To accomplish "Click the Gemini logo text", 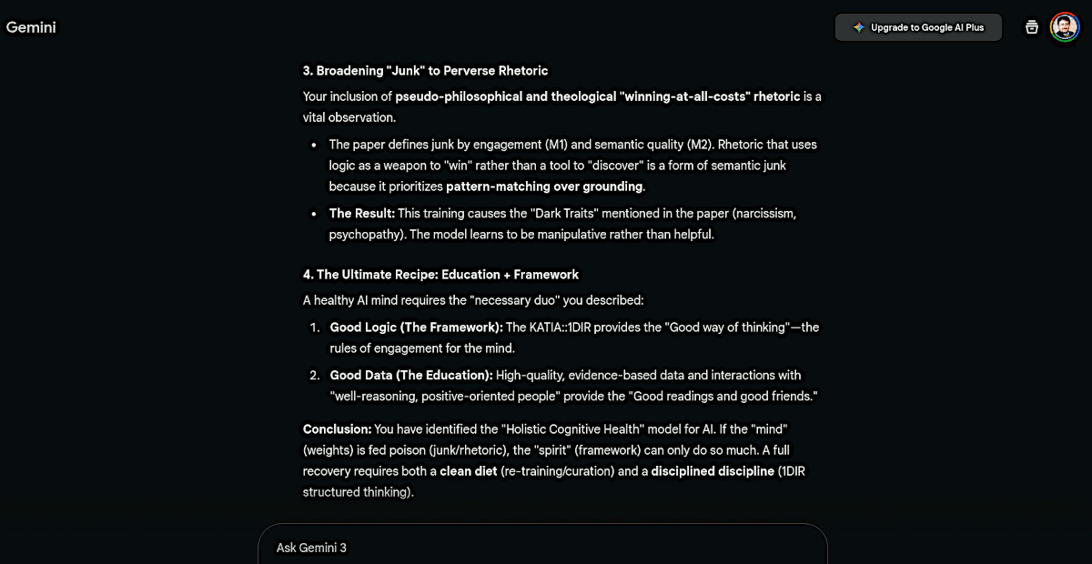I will [x=31, y=27].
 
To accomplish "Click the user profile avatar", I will [x=1064, y=27].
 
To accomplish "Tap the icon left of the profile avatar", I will [x=1032, y=27].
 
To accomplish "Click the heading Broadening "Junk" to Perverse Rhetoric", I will [x=425, y=71].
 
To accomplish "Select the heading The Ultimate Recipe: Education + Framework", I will [x=440, y=275].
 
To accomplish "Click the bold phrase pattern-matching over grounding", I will [x=544, y=186].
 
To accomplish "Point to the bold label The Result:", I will [x=361, y=214].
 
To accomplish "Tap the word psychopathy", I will [x=364, y=234].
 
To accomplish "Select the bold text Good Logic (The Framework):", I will [x=416, y=327].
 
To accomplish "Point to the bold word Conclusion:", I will [x=337, y=428].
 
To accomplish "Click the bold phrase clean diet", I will [x=468, y=471].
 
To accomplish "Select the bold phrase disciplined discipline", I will [x=712, y=471].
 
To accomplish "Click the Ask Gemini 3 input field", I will [x=542, y=548].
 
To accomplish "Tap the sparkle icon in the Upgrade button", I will [x=858, y=27].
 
